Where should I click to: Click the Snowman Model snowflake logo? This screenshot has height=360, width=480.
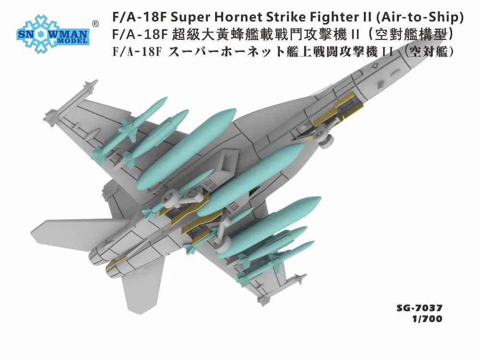pyautogui.click(x=53, y=34)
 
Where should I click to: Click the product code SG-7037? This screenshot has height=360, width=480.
pyautogui.click(x=420, y=307)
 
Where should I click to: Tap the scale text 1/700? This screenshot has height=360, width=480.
pyautogui.click(x=427, y=319)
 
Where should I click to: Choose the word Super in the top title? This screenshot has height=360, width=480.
pyautogui.click(x=190, y=17)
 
